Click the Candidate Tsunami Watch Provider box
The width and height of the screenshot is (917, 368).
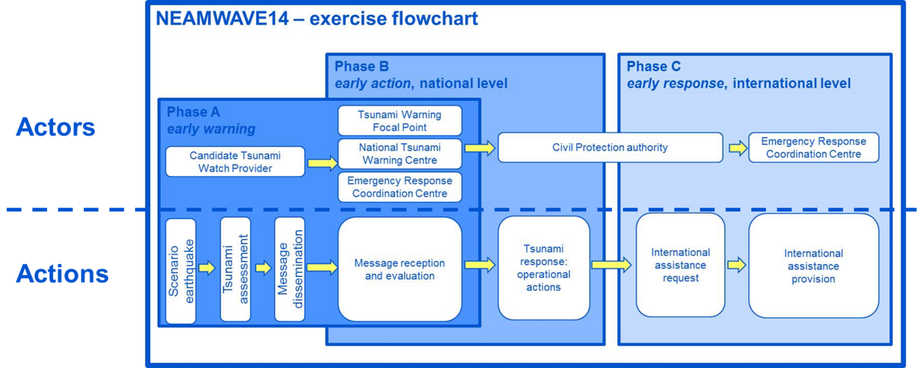click(x=235, y=162)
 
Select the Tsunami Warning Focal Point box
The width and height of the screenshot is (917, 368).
click(x=400, y=120)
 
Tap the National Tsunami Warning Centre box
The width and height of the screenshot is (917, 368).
click(x=400, y=154)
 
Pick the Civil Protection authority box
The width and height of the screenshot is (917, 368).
click(x=610, y=147)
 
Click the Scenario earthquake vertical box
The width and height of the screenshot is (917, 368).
click(x=181, y=270)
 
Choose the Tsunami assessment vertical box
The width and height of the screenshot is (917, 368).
click(x=235, y=269)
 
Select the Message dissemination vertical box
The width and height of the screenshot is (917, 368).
click(x=290, y=269)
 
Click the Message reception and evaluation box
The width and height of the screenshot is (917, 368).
click(x=400, y=269)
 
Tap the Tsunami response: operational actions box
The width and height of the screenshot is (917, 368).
click(x=544, y=268)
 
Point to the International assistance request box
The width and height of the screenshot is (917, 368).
click(x=680, y=265)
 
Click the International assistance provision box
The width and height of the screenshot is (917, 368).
click(x=814, y=265)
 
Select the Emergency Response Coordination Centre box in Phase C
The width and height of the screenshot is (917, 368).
click(x=814, y=148)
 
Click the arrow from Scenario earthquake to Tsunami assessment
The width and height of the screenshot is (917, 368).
click(x=207, y=268)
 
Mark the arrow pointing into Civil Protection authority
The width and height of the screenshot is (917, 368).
click(x=480, y=148)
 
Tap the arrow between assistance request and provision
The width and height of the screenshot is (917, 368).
click(x=737, y=265)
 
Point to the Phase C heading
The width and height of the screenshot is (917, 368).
click(x=653, y=66)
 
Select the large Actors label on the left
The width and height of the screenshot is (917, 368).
click(x=56, y=127)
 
